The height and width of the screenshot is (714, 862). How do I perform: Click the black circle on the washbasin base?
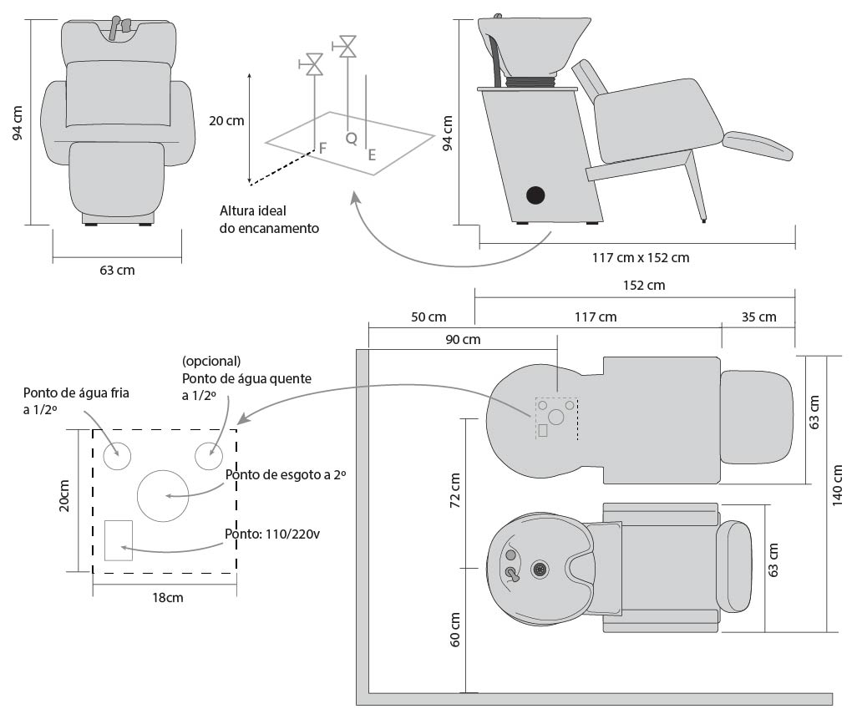point(535,195)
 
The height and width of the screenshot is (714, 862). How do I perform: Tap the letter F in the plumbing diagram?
point(322,148)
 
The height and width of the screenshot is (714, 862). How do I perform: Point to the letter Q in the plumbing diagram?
point(352,138)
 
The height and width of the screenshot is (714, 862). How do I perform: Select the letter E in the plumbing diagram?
point(373,155)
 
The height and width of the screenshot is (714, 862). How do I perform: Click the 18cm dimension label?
point(168,597)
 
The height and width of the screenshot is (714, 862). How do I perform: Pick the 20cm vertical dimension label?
point(64,496)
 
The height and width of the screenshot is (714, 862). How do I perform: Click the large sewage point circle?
point(163,496)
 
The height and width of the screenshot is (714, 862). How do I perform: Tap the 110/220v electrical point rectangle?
point(119,540)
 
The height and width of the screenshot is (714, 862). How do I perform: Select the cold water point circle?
point(117,456)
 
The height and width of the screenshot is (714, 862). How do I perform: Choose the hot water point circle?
point(209,456)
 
